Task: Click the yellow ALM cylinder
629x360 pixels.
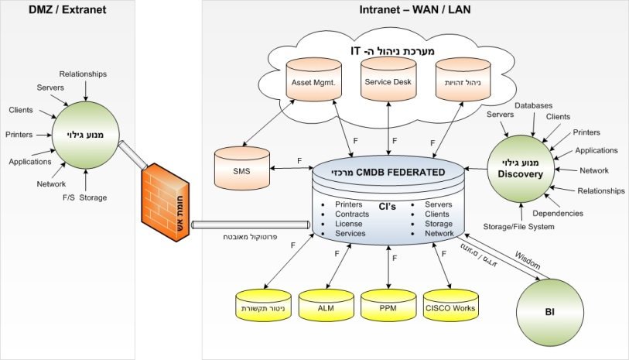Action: (325, 307)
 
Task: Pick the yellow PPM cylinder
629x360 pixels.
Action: (388, 307)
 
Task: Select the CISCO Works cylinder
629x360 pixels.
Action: (450, 307)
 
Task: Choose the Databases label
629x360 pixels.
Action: (533, 105)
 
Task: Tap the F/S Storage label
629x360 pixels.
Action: (85, 197)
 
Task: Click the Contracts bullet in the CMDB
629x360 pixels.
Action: (352, 214)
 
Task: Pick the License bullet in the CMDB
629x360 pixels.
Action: (348, 224)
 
